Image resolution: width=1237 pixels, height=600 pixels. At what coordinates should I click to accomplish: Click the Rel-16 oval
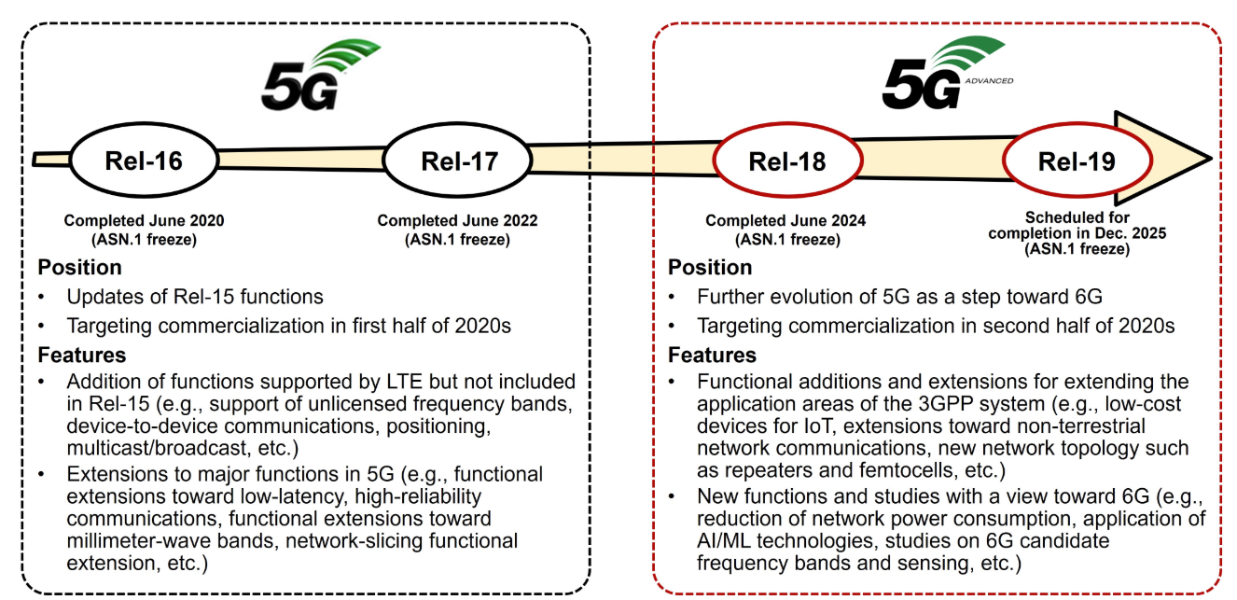tap(144, 160)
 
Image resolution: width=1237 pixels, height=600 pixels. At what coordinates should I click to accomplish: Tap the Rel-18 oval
tap(787, 161)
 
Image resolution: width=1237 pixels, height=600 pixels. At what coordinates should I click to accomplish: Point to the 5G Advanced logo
tap(942, 74)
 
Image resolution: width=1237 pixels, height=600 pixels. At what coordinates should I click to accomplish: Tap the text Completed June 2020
tap(144, 221)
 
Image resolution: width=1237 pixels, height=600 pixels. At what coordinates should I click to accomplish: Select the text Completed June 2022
tap(457, 221)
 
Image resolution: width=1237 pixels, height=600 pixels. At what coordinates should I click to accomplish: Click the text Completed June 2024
tap(785, 221)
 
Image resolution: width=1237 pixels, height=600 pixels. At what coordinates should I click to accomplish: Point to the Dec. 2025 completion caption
tap(1077, 232)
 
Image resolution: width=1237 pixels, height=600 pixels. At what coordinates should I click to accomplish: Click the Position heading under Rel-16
tap(79, 268)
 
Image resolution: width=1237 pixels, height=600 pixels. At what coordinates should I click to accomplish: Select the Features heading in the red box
tap(712, 356)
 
